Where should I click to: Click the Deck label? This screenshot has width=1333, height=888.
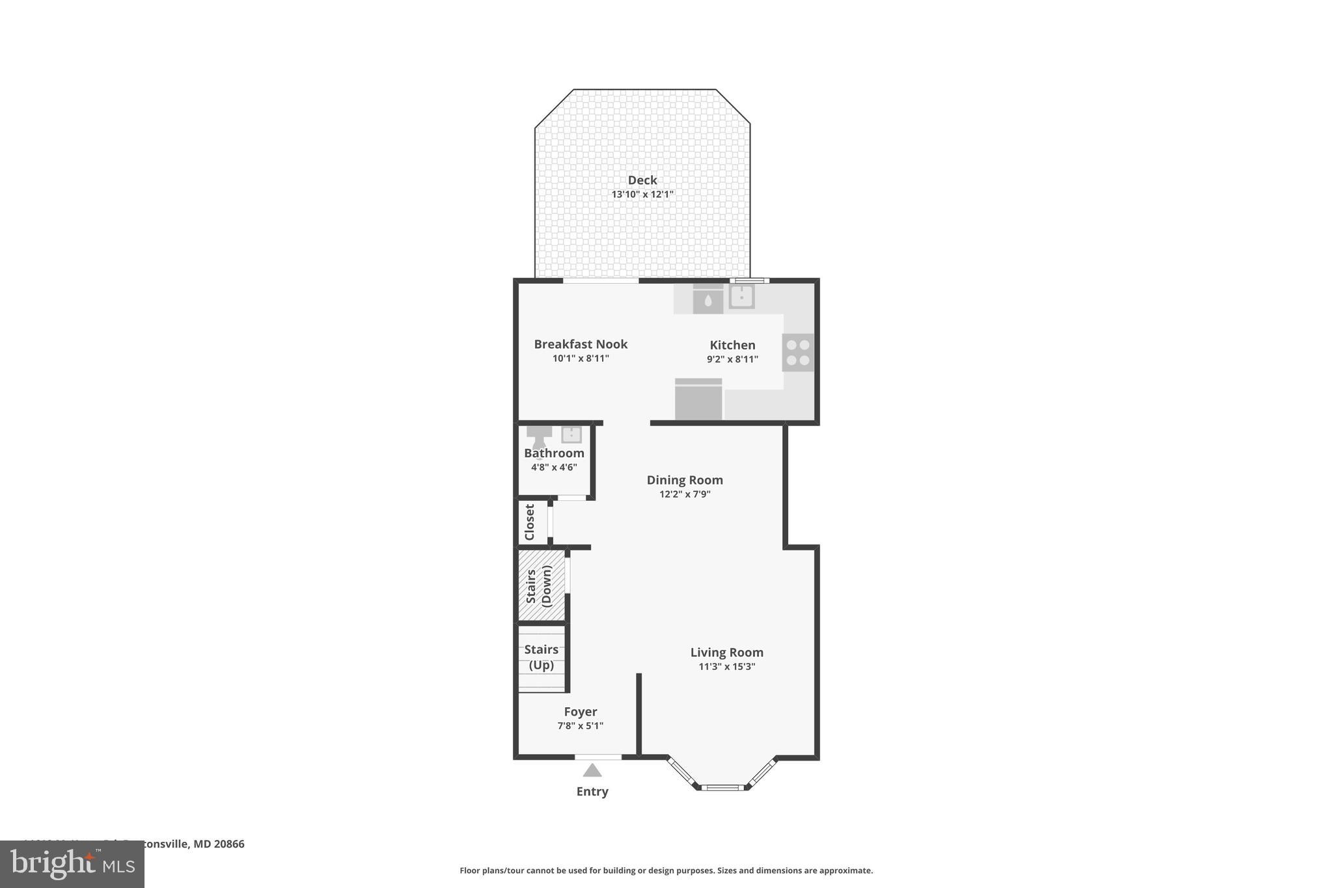pyautogui.click(x=642, y=180)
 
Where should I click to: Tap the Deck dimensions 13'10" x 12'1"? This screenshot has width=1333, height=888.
pyautogui.click(x=642, y=195)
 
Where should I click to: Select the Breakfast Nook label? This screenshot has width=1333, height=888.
pyautogui.click(x=581, y=344)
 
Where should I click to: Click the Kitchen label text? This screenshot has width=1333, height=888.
pyautogui.click(x=732, y=345)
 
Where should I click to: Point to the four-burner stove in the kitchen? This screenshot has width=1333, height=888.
pyautogui.click(x=798, y=353)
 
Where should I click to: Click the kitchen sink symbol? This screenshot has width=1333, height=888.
pyautogui.click(x=741, y=297)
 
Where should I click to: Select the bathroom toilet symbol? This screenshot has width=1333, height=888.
pyautogui.click(x=539, y=436)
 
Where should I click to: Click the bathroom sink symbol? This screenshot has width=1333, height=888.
pyautogui.click(x=571, y=434)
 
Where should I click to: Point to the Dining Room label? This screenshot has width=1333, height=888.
pyautogui.click(x=685, y=480)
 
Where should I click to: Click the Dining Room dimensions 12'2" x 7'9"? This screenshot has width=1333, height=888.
pyautogui.click(x=685, y=494)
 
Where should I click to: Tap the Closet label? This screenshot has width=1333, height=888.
pyautogui.click(x=530, y=522)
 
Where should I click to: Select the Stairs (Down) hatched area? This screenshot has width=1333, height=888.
pyautogui.click(x=541, y=585)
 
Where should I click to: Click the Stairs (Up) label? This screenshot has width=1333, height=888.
pyautogui.click(x=541, y=657)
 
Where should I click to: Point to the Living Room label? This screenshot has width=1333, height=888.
pyautogui.click(x=726, y=653)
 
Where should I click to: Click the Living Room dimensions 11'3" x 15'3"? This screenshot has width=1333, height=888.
pyautogui.click(x=726, y=667)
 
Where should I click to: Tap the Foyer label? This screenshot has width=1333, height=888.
pyautogui.click(x=580, y=712)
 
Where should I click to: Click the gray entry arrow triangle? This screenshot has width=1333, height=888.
pyautogui.click(x=592, y=771)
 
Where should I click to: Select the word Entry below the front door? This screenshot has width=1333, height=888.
pyautogui.click(x=592, y=792)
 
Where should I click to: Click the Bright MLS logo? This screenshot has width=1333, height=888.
pyautogui.click(x=72, y=864)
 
